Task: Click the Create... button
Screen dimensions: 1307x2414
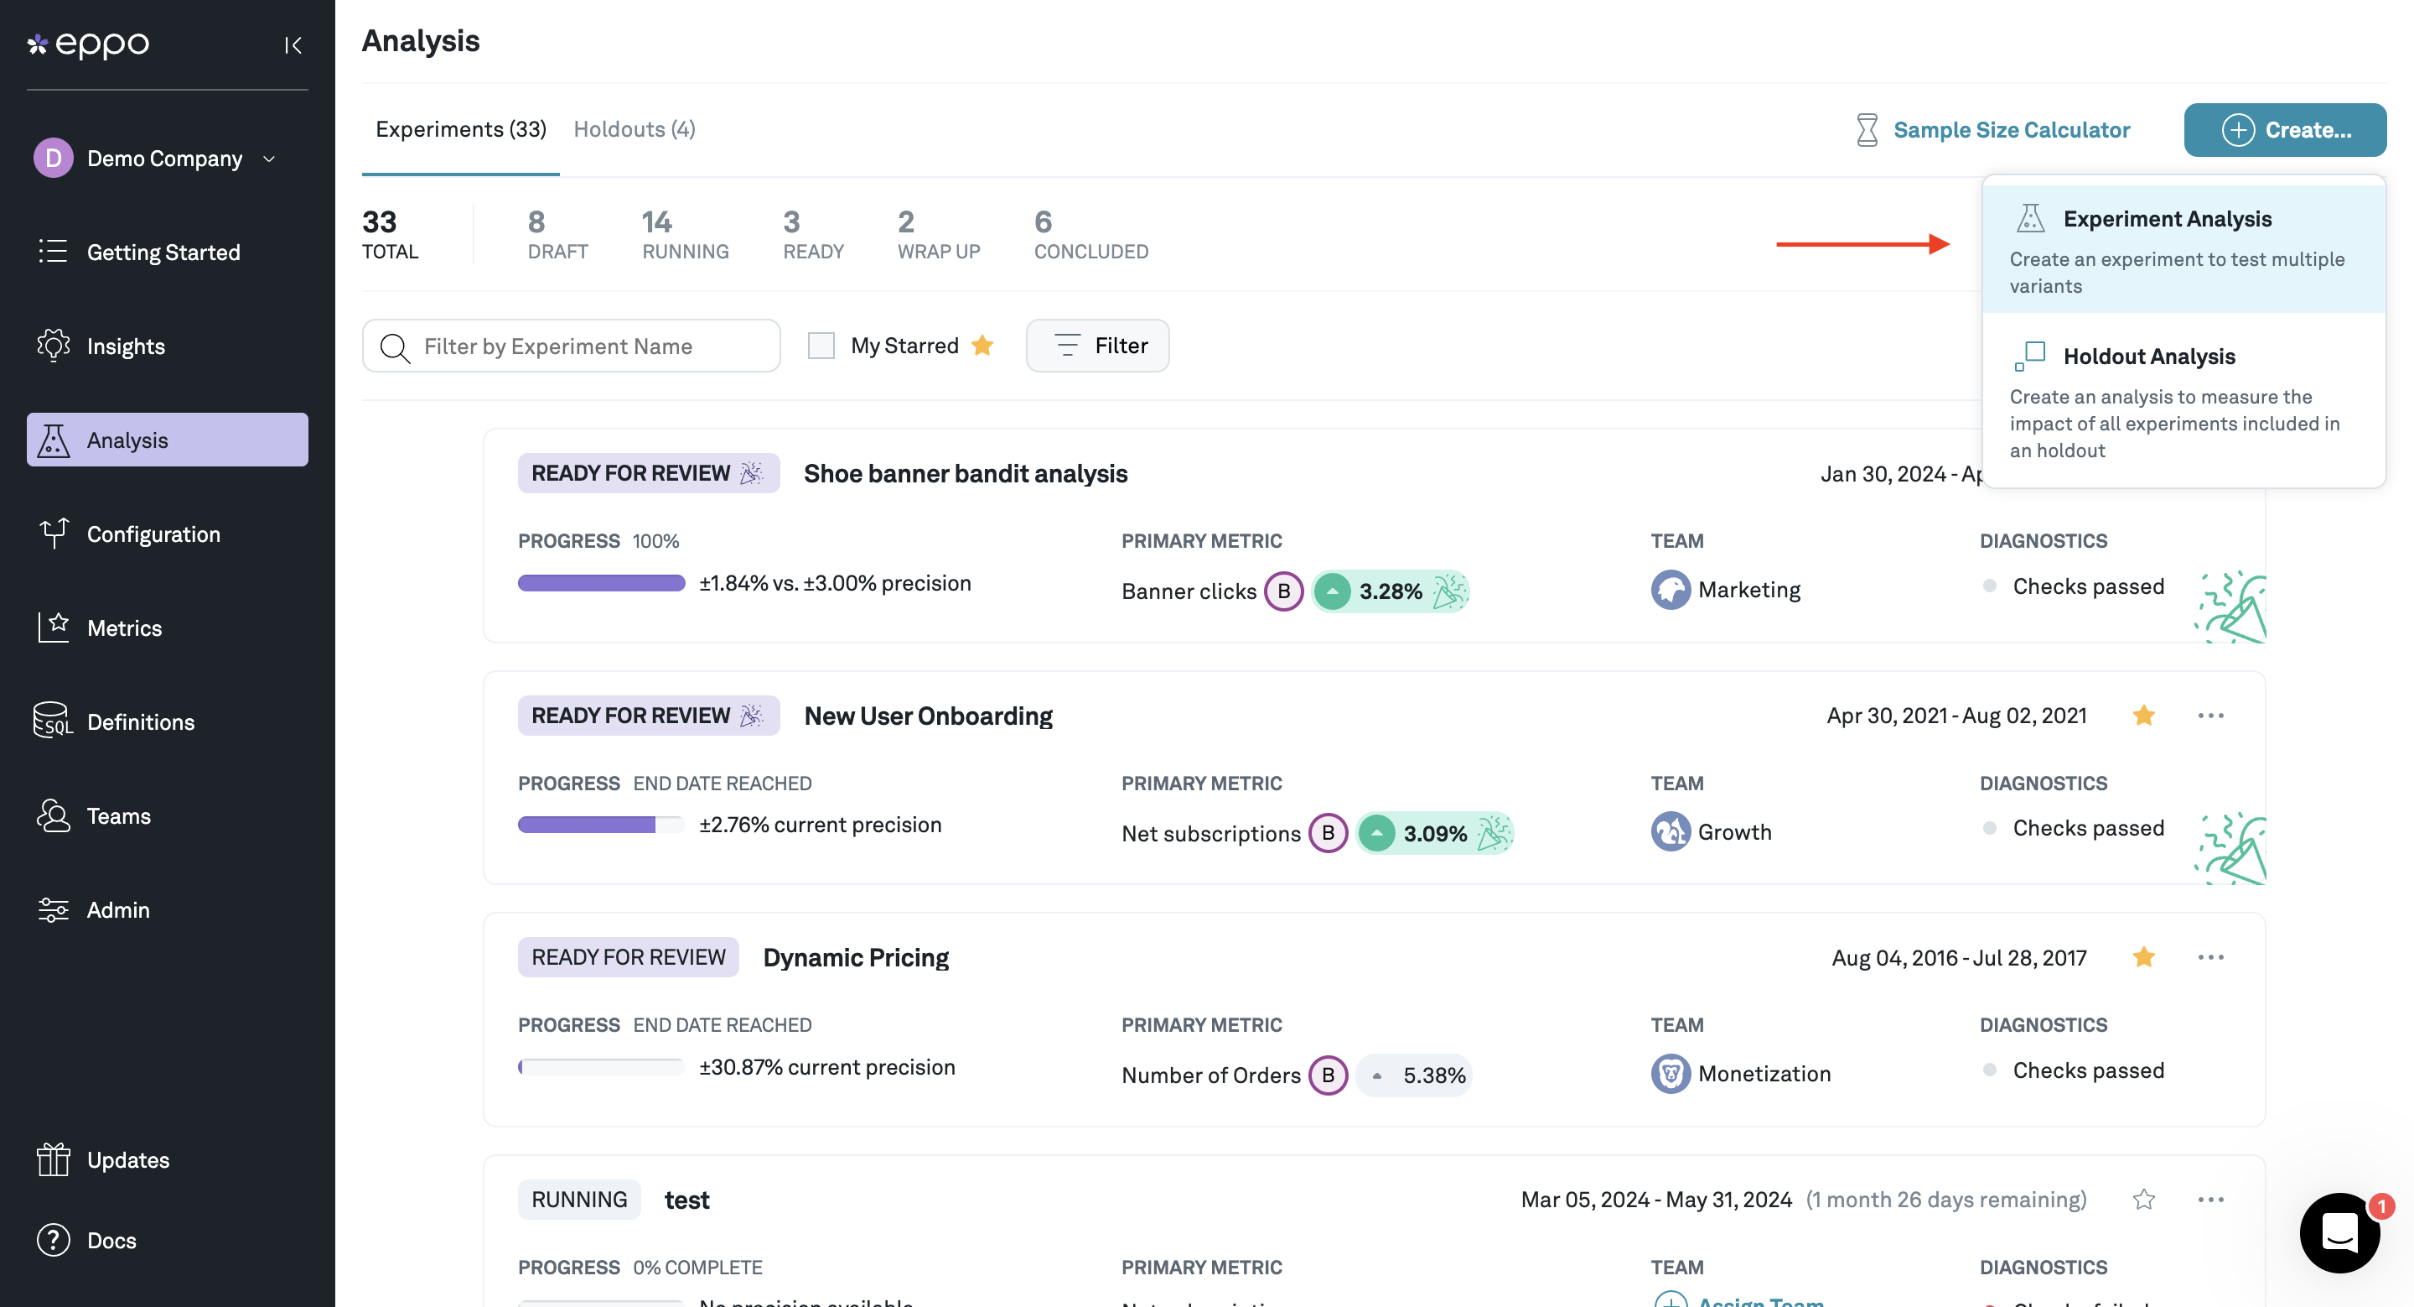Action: [x=2285, y=129]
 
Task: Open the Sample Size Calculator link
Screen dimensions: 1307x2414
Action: [x=2011, y=129]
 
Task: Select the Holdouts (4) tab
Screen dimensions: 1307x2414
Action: [x=634, y=129]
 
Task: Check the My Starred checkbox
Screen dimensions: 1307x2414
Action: [x=821, y=346]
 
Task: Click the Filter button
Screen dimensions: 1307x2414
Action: [x=1097, y=346]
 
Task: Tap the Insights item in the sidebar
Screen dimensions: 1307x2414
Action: [x=126, y=346]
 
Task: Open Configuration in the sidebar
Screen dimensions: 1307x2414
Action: [x=153, y=534]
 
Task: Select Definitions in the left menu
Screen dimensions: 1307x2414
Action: [x=141, y=722]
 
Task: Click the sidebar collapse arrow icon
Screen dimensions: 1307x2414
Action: [x=293, y=45]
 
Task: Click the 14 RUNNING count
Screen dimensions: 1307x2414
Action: [x=685, y=233]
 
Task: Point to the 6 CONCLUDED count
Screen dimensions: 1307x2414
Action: [x=1090, y=233]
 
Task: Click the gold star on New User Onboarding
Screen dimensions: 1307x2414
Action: [x=2143, y=716]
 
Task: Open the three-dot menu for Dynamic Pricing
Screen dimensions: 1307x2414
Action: [x=2210, y=957]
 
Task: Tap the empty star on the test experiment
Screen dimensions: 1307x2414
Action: [x=2143, y=1199]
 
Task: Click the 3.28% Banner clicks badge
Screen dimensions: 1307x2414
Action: [x=1390, y=591]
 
